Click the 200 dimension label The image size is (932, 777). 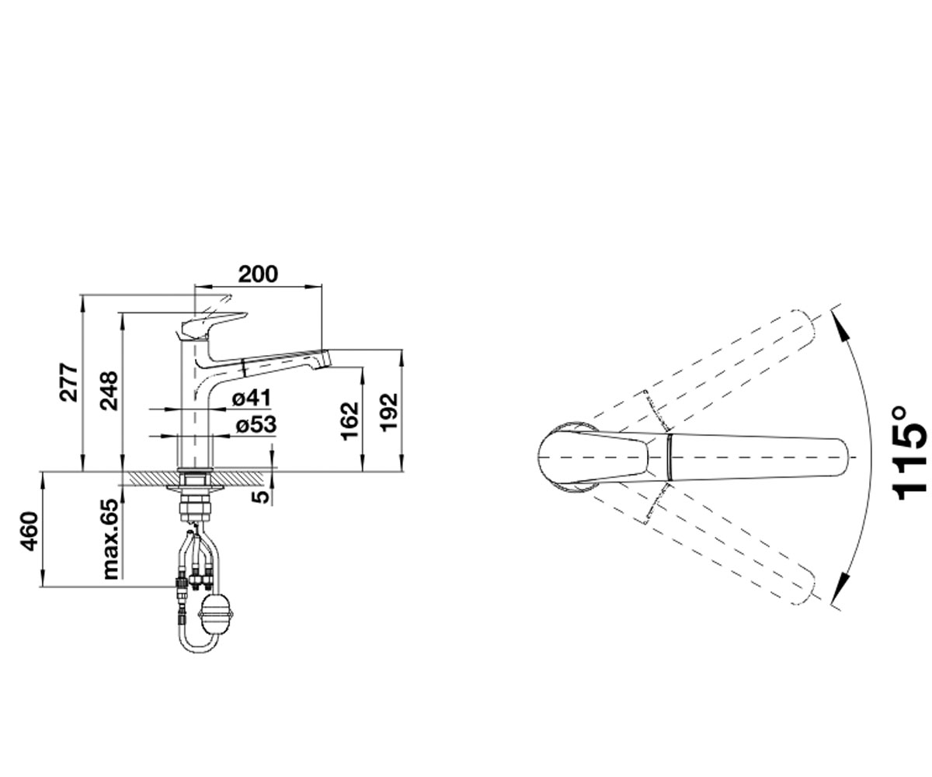pos(258,274)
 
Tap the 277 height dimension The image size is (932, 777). pos(69,382)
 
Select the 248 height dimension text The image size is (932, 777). pos(109,391)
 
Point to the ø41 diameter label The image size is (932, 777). pos(252,397)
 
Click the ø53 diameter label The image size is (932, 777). pos(256,425)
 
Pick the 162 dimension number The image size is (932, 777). pos(350,421)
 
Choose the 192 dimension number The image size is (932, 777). pos(389,412)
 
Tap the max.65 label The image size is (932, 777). pos(110,539)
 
